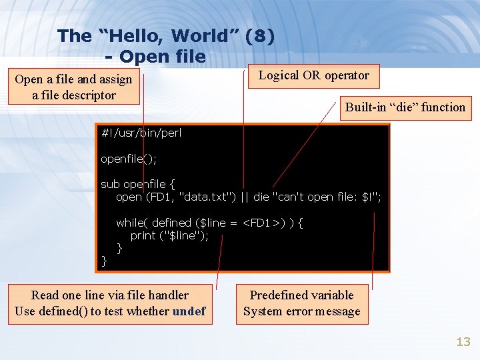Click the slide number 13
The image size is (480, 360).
pyautogui.click(x=463, y=342)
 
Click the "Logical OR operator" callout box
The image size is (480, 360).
pyautogui.click(x=313, y=75)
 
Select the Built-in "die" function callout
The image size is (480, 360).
pyautogui.click(x=405, y=107)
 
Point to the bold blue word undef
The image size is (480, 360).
pyautogui.click(x=189, y=311)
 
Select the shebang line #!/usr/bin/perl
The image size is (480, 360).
pyautogui.click(x=141, y=133)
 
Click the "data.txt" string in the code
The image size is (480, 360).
pyautogui.click(x=200, y=197)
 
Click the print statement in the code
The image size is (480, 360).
pyautogui.click(x=169, y=235)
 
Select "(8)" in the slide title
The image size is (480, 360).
pyautogui.click(x=259, y=36)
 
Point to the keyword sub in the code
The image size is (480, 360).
pyautogui.click(x=109, y=184)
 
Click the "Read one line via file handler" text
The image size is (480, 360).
pyautogui.click(x=109, y=295)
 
